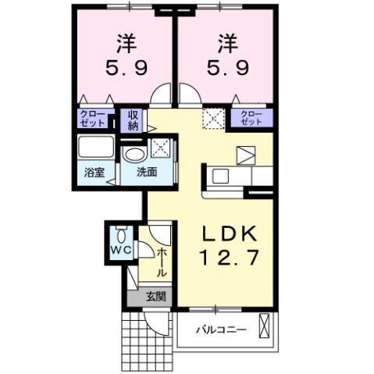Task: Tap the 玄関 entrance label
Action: click(x=155, y=296)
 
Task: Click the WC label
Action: click(x=120, y=251)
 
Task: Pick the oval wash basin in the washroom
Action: click(x=135, y=152)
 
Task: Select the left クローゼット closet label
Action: click(x=94, y=119)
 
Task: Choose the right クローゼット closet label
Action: click(x=251, y=119)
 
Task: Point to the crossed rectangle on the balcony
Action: click(x=265, y=325)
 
